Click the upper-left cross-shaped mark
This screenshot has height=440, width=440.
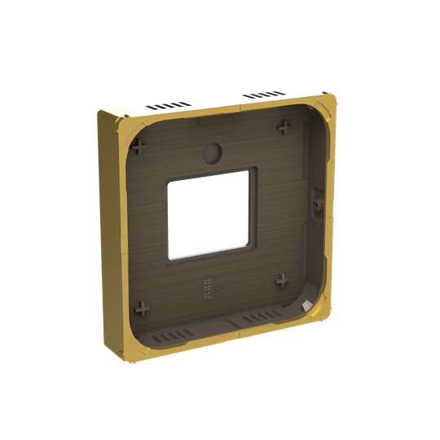(140, 147)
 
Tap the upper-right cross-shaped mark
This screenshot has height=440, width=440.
(284, 128)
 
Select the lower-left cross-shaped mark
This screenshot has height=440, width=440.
(142, 309)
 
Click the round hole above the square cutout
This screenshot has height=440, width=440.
(212, 152)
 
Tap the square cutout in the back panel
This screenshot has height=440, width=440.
(207, 213)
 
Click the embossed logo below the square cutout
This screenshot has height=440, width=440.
(210, 288)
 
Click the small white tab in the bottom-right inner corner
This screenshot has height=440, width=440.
(306, 303)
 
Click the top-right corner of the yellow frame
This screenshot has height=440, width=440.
(328, 100)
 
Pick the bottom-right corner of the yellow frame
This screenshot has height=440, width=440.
(326, 311)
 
